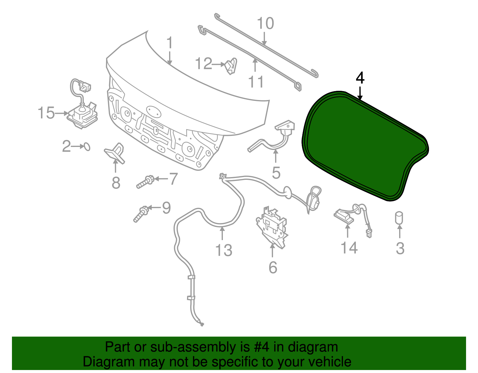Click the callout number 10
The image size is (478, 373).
[265, 23]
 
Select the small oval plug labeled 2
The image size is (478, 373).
[87, 147]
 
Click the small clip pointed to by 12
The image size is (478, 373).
[231, 66]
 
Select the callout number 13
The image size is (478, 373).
[224, 250]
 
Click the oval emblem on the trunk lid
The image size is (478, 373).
[154, 112]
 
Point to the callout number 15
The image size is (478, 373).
[46, 113]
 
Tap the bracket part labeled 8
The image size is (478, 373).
[115, 152]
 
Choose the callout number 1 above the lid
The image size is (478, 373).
[169, 43]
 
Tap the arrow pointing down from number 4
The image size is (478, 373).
[360, 93]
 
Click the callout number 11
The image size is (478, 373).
[256, 82]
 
